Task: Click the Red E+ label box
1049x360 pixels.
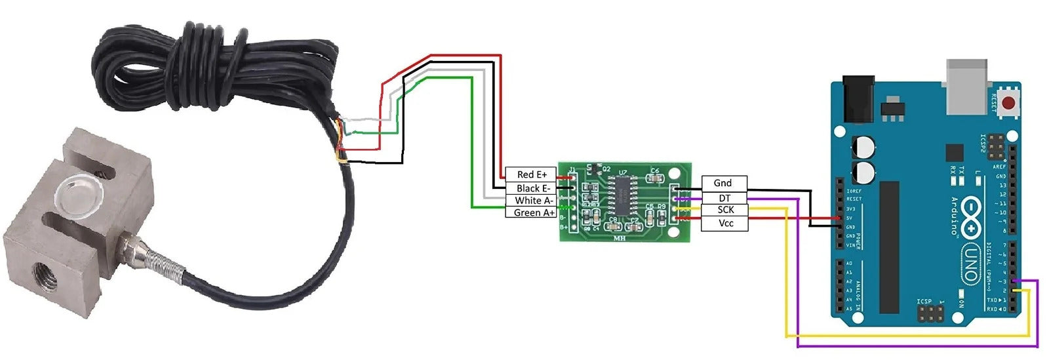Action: pos(530,174)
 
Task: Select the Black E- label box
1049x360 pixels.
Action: pos(530,188)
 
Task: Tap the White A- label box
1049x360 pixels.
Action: pos(530,200)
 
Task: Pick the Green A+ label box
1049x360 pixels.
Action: pos(530,212)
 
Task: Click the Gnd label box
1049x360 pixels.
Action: pos(724,183)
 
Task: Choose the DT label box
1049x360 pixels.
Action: pos(724,197)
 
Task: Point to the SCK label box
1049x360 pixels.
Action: pos(724,210)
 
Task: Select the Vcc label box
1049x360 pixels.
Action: pos(724,224)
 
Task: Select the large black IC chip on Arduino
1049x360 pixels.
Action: pos(889,246)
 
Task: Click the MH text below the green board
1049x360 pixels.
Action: pos(618,239)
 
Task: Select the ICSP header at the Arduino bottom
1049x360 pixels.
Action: pos(931,313)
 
